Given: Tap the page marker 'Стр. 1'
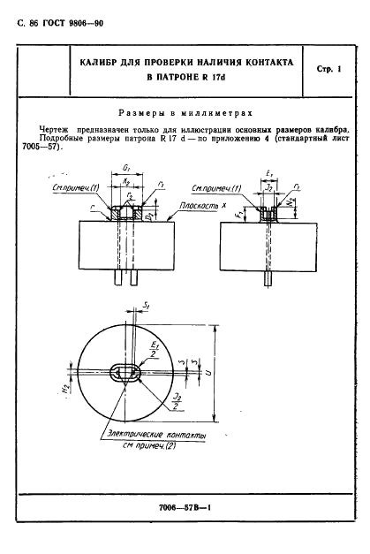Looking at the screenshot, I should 326,70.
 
